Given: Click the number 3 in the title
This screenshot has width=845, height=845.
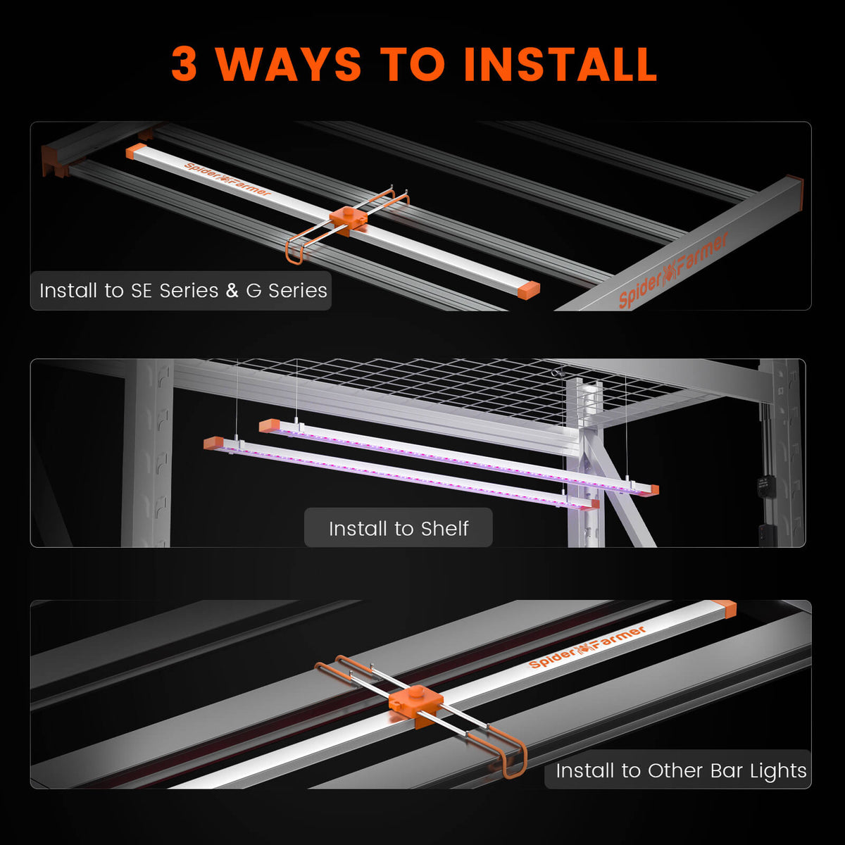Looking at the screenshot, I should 184,64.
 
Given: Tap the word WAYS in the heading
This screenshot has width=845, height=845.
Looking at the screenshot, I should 289,64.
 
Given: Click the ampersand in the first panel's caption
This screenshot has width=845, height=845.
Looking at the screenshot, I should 232,291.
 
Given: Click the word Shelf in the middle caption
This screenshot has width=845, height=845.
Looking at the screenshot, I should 444,528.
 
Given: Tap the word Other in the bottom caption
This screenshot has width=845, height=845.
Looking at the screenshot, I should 676,771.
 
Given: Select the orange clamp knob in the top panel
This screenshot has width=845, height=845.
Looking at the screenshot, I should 349,217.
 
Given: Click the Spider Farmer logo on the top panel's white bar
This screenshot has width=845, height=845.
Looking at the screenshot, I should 227,180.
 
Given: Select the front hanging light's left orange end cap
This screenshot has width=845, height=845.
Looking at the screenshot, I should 213,443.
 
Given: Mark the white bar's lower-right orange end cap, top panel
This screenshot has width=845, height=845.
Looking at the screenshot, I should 526,288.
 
